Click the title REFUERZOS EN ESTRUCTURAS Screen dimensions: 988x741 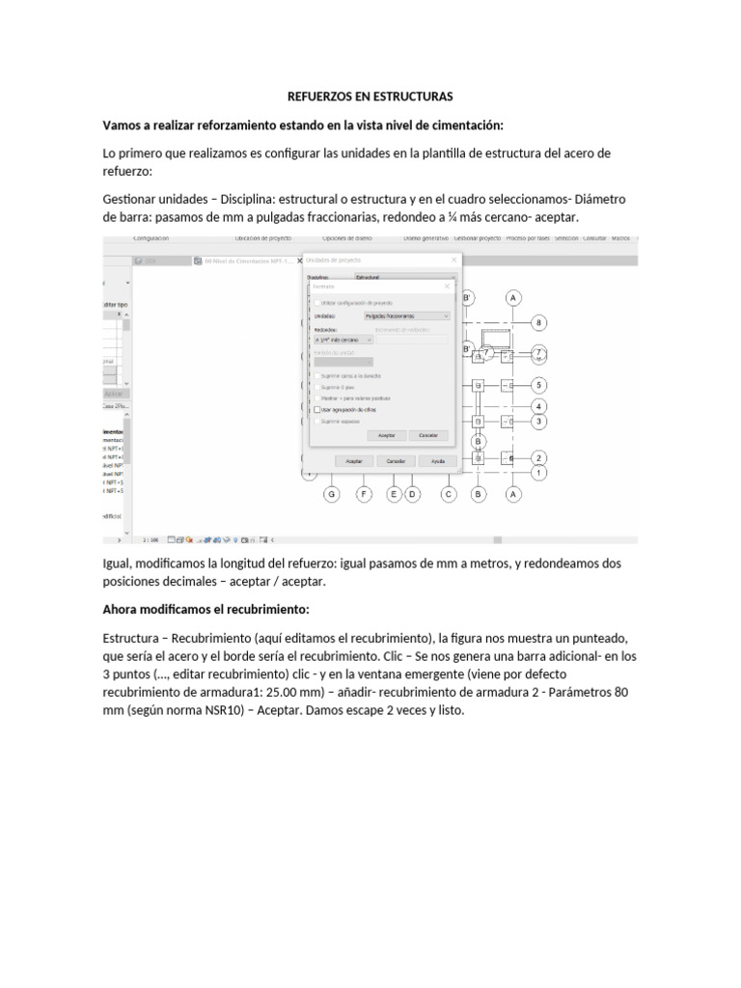[x=370, y=97]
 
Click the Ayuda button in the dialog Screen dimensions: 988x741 [x=437, y=462]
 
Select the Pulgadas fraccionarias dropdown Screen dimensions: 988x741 [x=407, y=316]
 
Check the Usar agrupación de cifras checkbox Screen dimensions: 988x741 [x=318, y=409]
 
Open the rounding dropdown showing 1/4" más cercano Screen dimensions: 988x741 [x=343, y=340]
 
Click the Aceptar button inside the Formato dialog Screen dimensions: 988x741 [x=386, y=436]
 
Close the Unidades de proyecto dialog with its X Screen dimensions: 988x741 [x=454, y=261]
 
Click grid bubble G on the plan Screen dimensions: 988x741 [x=331, y=495]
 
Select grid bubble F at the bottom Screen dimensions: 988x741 [x=364, y=495]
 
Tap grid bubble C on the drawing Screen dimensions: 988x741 [x=449, y=495]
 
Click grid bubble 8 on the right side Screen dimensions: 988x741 [x=539, y=322]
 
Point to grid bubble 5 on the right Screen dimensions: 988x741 [x=539, y=384]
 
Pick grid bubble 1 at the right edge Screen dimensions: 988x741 [x=539, y=473]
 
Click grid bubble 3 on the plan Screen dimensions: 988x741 [x=539, y=422]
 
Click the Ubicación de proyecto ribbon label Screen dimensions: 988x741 [x=263, y=237]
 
